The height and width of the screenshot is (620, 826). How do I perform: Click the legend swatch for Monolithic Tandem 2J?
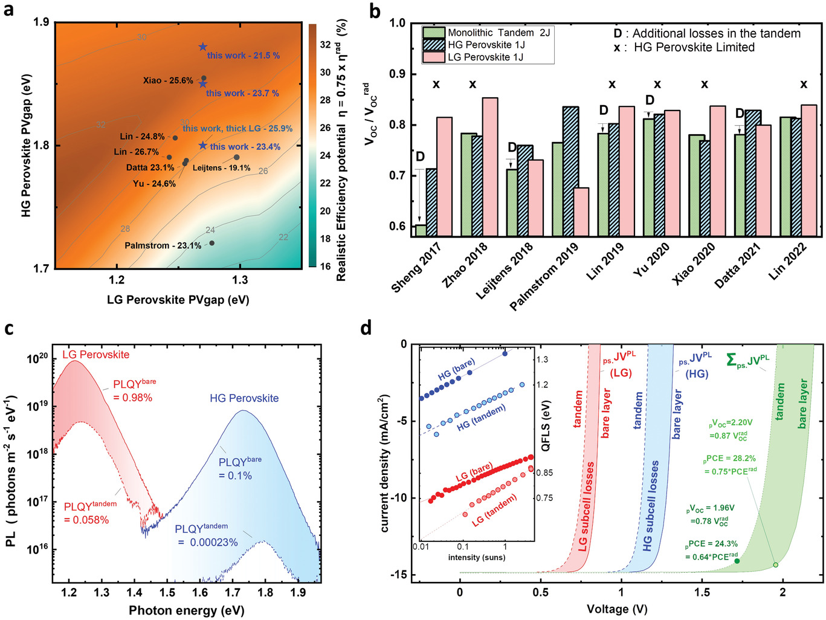(434, 33)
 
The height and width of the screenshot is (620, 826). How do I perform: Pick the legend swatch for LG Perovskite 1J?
(434, 57)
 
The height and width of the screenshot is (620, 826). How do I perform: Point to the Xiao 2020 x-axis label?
(694, 263)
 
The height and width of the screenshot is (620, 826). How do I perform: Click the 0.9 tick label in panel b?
(397, 74)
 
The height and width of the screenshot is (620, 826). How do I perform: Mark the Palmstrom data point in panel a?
(211, 243)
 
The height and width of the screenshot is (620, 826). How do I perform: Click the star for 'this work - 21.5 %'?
(203, 47)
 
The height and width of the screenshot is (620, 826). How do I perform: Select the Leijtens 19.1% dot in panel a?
(237, 157)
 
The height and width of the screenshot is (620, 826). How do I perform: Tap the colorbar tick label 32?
(325, 45)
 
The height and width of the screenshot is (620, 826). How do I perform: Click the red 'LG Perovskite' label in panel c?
(95, 355)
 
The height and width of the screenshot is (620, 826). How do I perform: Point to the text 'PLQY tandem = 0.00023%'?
(206, 535)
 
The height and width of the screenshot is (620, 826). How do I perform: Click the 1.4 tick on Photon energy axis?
(135, 592)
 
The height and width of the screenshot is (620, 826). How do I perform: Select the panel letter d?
(366, 329)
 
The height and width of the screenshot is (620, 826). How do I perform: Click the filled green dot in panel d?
(737, 561)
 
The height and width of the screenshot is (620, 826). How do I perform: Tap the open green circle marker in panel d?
(775, 565)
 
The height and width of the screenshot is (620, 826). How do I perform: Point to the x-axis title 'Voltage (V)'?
(616, 609)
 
